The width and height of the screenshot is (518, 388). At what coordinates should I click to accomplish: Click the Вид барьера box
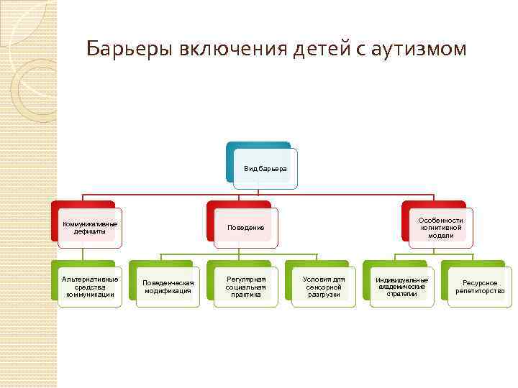click(x=265, y=168)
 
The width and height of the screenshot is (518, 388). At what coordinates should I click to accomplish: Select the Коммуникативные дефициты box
click(x=90, y=227)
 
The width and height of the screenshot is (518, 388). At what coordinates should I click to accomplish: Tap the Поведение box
click(x=246, y=227)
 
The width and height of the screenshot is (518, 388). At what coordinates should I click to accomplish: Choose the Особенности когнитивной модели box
click(x=440, y=227)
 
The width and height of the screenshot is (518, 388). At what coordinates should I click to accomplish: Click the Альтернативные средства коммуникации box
click(x=90, y=287)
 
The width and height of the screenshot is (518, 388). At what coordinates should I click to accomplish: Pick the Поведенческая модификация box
click(x=168, y=287)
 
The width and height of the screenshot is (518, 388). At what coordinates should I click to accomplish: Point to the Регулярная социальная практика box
click(x=246, y=287)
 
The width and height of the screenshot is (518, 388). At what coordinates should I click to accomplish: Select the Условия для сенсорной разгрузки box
click(x=324, y=287)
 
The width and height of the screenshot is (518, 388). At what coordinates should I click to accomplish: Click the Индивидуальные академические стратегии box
click(x=401, y=287)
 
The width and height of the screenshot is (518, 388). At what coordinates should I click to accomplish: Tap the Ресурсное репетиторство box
click(x=480, y=287)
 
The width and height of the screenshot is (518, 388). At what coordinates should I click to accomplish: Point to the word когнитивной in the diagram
click(x=440, y=228)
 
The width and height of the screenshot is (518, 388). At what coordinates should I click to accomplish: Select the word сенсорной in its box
click(x=324, y=287)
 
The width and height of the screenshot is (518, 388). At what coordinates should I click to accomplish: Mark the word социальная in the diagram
click(x=246, y=287)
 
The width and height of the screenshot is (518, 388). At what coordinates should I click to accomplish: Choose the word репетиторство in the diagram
click(x=480, y=291)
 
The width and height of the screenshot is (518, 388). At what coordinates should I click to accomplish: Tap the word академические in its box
click(x=401, y=287)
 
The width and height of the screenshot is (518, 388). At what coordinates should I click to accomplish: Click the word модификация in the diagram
click(x=168, y=291)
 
